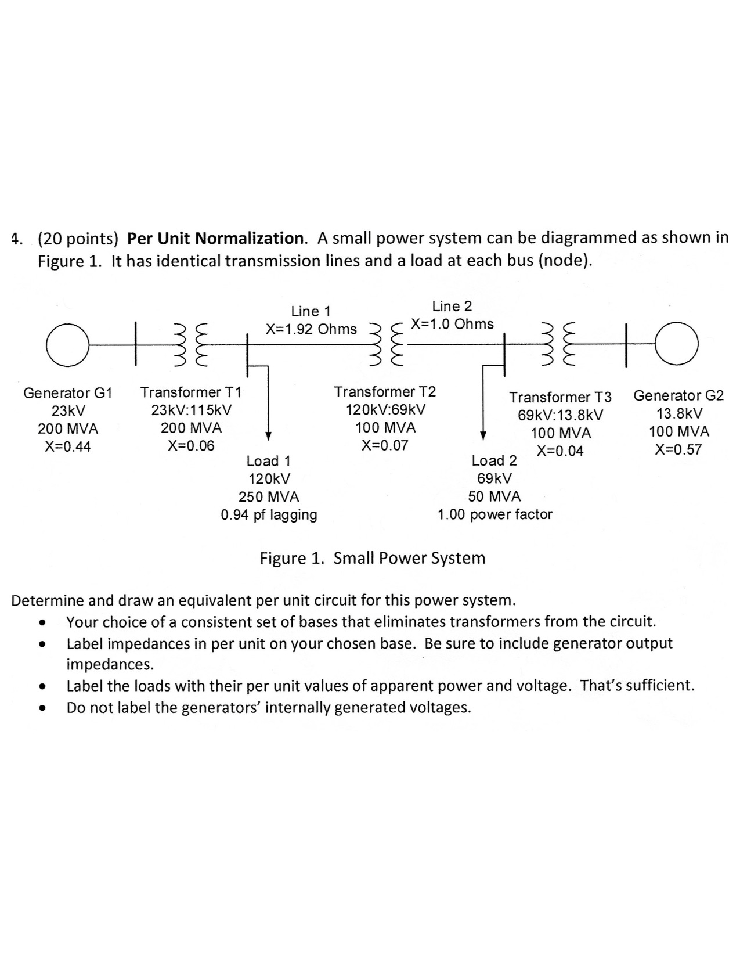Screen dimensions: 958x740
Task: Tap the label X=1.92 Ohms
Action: click(x=311, y=329)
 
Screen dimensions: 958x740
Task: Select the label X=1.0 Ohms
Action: click(x=452, y=324)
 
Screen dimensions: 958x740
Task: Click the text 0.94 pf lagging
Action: click(x=269, y=515)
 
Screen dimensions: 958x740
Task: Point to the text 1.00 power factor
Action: click(x=494, y=514)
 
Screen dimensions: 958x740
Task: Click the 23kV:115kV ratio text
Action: click(x=191, y=410)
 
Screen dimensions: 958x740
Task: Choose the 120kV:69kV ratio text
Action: click(x=385, y=409)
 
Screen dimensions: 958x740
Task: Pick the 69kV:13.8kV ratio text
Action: click(x=560, y=415)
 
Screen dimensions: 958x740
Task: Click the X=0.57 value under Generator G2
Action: click(x=678, y=449)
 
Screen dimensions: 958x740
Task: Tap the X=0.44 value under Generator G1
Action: click(x=68, y=446)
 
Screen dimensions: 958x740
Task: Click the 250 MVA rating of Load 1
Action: click(x=269, y=497)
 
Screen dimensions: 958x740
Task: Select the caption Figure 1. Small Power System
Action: click(x=372, y=558)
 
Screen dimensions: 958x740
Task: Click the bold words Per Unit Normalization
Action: click(x=215, y=238)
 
